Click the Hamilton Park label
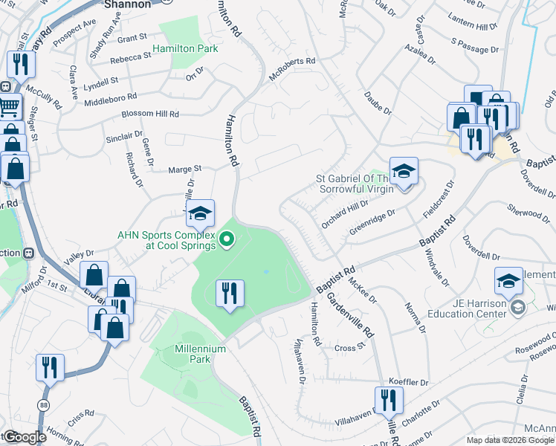coord(185,48)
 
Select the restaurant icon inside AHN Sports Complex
coord(230,292)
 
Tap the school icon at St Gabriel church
coord(404,172)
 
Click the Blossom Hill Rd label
coord(151,114)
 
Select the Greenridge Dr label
coord(372,220)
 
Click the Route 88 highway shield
coord(44,404)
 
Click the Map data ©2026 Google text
coord(509,439)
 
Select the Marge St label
coord(185,169)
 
